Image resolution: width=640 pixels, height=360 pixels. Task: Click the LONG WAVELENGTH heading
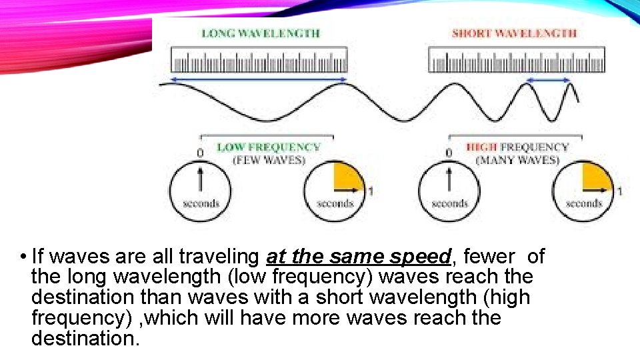click(x=261, y=33)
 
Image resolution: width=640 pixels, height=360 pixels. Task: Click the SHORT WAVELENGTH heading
click(x=514, y=33)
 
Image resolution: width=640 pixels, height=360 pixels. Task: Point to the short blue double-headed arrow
click(x=549, y=80)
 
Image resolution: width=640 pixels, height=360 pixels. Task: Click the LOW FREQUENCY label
click(x=269, y=147)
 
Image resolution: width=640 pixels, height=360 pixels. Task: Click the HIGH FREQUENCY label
click(x=517, y=147)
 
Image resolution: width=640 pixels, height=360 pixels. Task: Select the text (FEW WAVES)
click(x=269, y=160)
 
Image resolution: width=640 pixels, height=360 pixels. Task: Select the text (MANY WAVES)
click(x=517, y=160)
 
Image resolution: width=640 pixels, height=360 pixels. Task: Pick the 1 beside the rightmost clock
click(x=619, y=192)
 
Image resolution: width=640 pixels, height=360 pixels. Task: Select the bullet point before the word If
click(x=23, y=257)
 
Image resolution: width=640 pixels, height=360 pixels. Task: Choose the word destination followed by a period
click(x=86, y=339)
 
